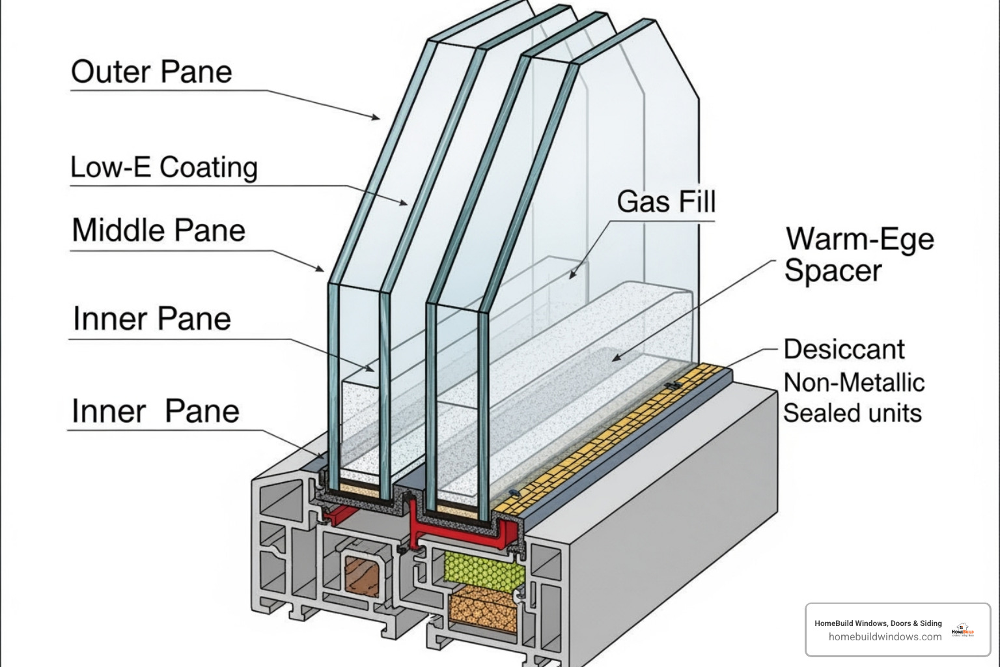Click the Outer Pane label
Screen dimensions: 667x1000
(151, 72)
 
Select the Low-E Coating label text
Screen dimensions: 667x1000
(163, 167)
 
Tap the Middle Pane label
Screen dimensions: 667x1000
(158, 231)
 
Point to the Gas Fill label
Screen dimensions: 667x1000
(666, 201)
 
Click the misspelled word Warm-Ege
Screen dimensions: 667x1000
(859, 239)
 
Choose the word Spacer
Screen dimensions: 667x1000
(833, 270)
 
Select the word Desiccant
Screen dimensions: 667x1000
(844, 350)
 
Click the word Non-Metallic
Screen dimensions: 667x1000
(854, 382)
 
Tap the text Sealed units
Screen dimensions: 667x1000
(852, 413)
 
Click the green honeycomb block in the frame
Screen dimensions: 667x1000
(484, 567)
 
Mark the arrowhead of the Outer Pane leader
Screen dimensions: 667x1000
(377, 118)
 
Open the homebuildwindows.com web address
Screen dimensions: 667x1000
(885, 637)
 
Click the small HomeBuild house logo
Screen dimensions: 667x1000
(962, 629)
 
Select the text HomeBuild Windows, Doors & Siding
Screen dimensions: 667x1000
(878, 623)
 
